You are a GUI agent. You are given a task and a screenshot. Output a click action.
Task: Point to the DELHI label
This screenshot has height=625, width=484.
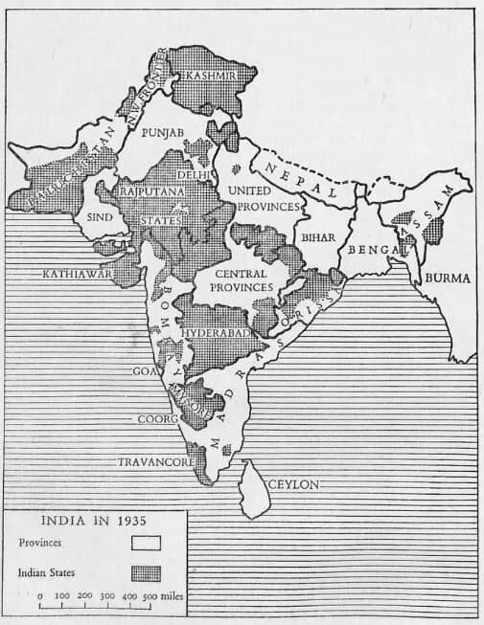point(193,175)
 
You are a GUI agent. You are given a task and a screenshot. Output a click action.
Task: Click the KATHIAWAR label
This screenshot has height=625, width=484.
point(78,273)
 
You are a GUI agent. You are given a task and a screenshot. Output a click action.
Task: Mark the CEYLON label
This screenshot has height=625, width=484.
point(293,484)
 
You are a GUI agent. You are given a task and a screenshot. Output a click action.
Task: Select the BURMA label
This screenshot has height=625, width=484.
point(448,279)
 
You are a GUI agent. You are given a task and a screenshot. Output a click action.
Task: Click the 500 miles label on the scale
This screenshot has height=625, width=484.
point(153,596)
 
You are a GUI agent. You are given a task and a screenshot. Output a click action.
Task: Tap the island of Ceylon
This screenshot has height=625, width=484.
point(254,488)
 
